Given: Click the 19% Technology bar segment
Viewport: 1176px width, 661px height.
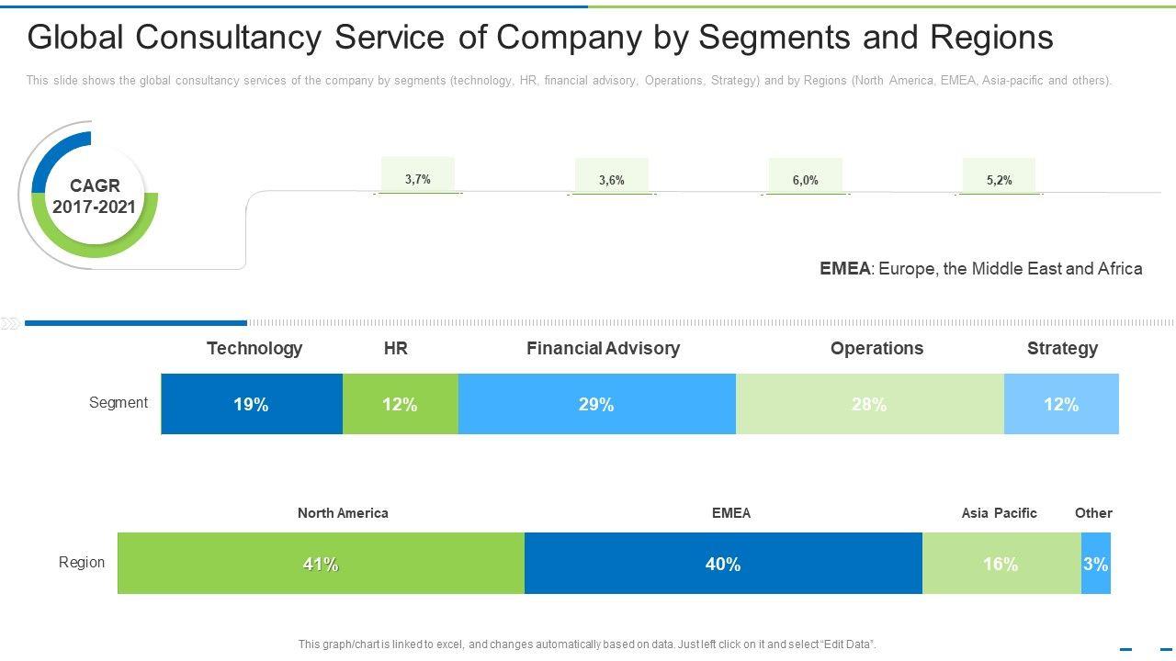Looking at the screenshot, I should click(251, 404).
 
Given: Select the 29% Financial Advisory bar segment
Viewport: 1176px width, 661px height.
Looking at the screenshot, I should click(596, 404).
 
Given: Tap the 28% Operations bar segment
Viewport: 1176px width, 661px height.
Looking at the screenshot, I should click(869, 404).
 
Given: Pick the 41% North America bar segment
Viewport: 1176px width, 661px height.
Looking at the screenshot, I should click(321, 564).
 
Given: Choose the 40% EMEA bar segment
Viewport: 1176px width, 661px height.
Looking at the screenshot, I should click(723, 564).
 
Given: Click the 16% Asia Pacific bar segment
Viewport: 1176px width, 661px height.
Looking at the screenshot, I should click(1001, 564).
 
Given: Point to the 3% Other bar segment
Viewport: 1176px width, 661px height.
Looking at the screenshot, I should click(1095, 564).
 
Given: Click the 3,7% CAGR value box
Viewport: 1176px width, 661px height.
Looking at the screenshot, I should click(418, 177).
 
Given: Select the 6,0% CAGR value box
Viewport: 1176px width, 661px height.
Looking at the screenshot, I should click(805, 178).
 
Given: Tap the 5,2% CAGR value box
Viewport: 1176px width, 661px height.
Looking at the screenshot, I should click(999, 178).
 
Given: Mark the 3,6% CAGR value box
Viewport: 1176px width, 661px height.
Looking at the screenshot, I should click(612, 178).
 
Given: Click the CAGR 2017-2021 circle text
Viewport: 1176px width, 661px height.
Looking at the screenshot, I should click(94, 196).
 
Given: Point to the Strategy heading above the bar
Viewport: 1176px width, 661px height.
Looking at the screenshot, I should click(1062, 349).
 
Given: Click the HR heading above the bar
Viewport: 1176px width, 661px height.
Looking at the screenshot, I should click(396, 349).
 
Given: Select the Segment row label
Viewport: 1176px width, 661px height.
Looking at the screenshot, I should click(119, 403).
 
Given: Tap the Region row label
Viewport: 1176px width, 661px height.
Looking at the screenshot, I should click(82, 563).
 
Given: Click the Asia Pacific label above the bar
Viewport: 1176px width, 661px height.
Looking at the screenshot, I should click(999, 513).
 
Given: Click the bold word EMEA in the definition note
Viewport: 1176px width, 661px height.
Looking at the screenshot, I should click(844, 269).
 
